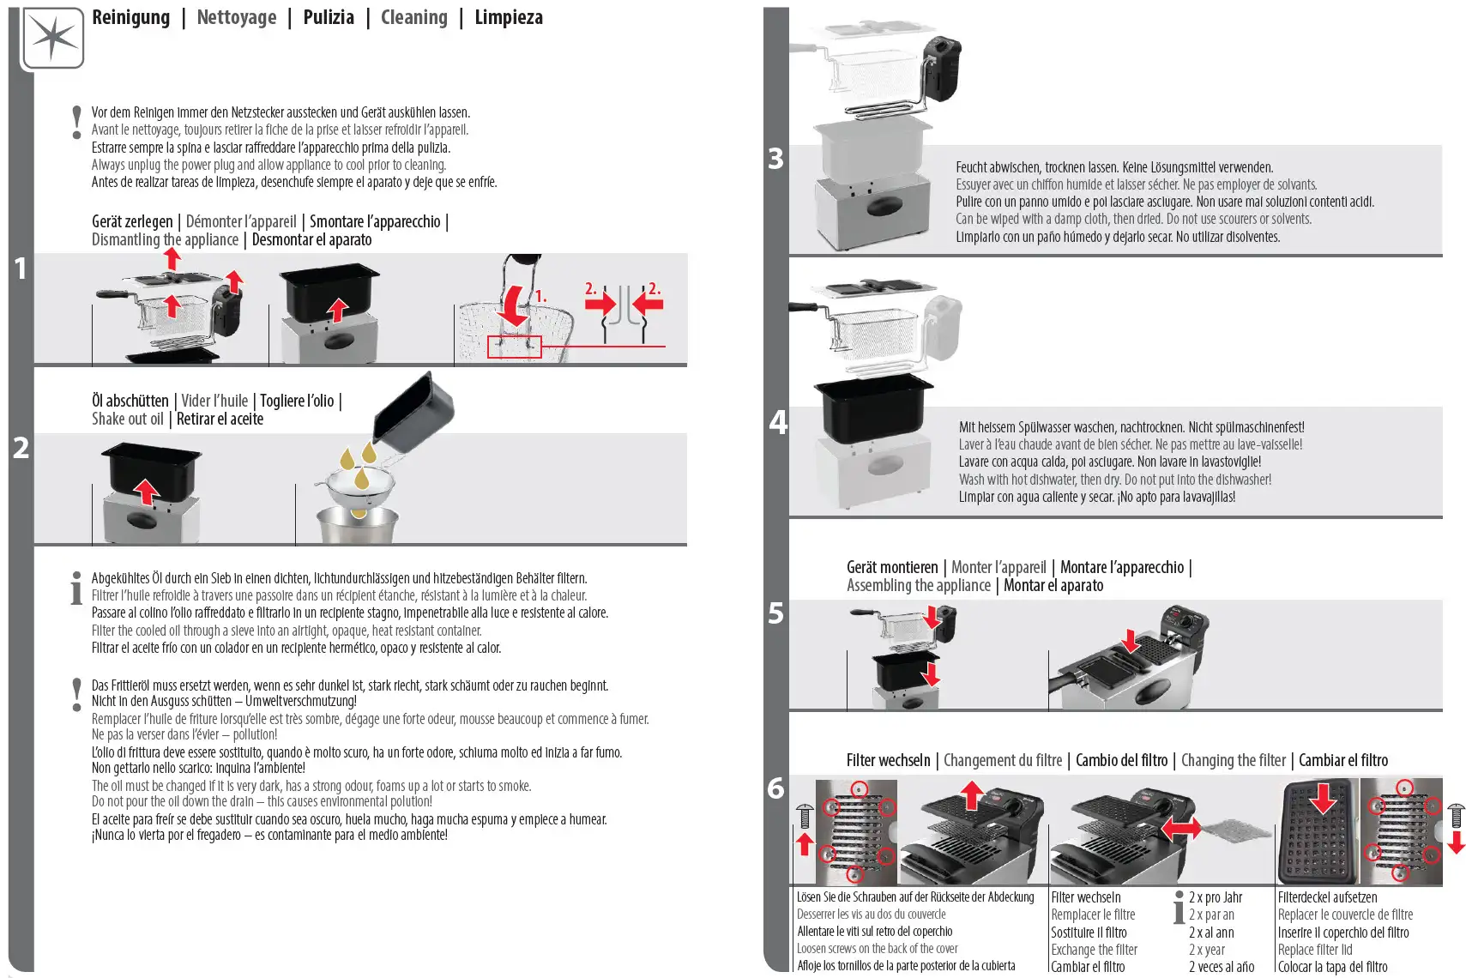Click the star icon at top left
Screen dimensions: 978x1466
tap(52, 38)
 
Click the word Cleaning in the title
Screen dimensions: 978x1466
tap(413, 17)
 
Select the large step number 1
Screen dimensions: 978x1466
tap(21, 269)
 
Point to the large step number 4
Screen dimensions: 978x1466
tap(777, 422)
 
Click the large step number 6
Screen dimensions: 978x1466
tap(775, 788)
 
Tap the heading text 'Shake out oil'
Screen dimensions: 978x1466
tap(127, 419)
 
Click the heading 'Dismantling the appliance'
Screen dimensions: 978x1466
tap(165, 240)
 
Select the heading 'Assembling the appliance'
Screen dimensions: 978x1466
tap(918, 585)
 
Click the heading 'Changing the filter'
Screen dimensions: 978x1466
tap(1233, 760)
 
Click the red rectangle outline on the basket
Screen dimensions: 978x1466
tap(514, 347)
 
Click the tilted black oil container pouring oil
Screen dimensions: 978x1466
tap(413, 414)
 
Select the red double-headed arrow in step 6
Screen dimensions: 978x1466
tap(1180, 829)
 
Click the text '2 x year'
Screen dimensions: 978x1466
tap(1206, 950)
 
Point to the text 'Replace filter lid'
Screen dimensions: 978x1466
tap(1314, 950)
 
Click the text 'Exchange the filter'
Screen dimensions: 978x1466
tap(1094, 950)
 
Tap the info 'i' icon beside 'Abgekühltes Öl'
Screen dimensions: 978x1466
tap(76, 588)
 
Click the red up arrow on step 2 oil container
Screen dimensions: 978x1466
tap(147, 492)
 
